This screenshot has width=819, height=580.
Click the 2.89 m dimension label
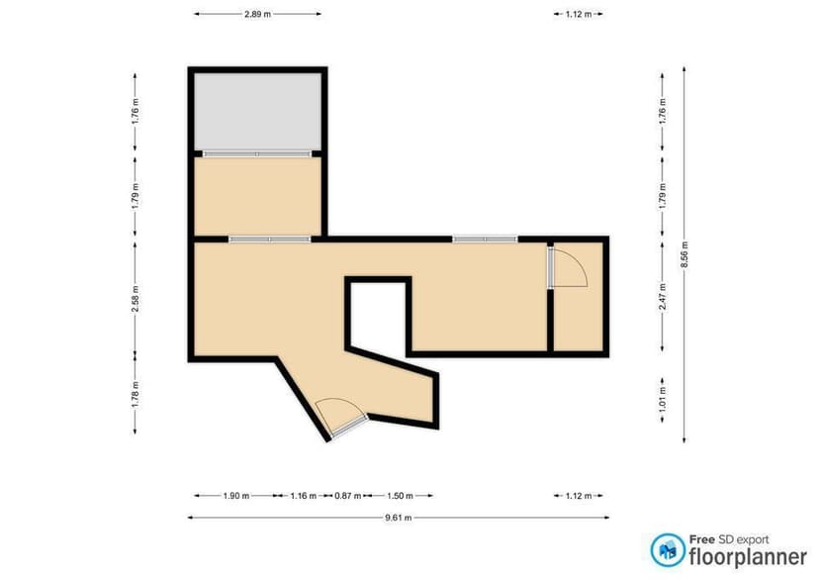tap(257, 15)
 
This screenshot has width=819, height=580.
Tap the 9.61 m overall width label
tap(398, 517)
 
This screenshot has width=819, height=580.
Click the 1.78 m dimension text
tap(135, 393)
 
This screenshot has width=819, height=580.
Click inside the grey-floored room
tap(257, 111)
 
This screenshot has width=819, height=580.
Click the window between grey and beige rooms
tap(257, 153)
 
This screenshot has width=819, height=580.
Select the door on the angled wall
tap(342, 419)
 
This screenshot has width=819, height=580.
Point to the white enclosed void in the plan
tap(376, 315)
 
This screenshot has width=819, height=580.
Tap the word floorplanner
tap(748, 556)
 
